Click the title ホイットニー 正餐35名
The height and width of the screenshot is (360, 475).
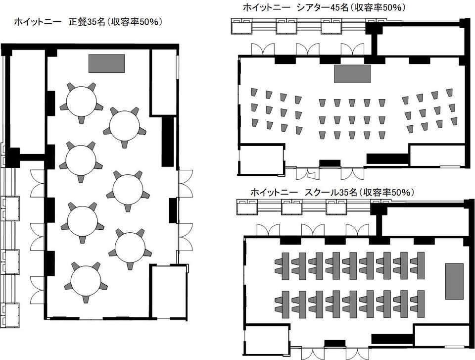point(59,22)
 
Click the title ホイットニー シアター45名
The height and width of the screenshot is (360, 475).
point(296,7)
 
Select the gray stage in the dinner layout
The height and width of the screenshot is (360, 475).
point(107,63)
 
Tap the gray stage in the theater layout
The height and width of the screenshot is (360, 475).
point(352,74)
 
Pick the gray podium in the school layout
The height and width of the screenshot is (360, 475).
point(454,281)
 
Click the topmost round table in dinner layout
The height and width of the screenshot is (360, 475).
point(82,102)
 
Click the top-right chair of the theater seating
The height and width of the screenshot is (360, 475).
point(449,92)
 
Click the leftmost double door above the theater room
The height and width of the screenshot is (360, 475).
point(263,49)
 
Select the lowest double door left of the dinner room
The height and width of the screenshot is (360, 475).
point(38,289)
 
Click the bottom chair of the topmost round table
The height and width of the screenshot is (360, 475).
point(81,119)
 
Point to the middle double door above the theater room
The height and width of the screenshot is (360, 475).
point(308,49)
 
